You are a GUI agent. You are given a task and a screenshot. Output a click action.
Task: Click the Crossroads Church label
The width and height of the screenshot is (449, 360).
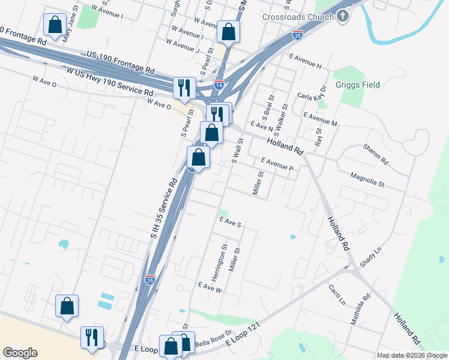click(298, 17)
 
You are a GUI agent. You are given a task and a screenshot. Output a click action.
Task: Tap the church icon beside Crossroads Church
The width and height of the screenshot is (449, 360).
click(342, 16)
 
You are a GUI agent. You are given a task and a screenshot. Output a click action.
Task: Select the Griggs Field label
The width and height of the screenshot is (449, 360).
click(358, 85)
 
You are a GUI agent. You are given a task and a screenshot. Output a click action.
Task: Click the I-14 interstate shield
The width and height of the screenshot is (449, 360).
click(219, 85)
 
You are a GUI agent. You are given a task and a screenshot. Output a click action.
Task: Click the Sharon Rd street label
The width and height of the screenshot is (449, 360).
click(376, 154)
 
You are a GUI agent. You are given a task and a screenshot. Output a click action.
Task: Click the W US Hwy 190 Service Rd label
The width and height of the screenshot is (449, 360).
click(110, 81)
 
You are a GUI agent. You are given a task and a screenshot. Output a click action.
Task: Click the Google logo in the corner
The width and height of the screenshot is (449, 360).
click(20, 353)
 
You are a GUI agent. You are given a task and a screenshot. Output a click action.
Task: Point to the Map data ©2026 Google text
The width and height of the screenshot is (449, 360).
click(412, 355)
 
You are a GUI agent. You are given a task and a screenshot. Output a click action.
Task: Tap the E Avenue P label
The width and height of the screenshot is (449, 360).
click(276, 164)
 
